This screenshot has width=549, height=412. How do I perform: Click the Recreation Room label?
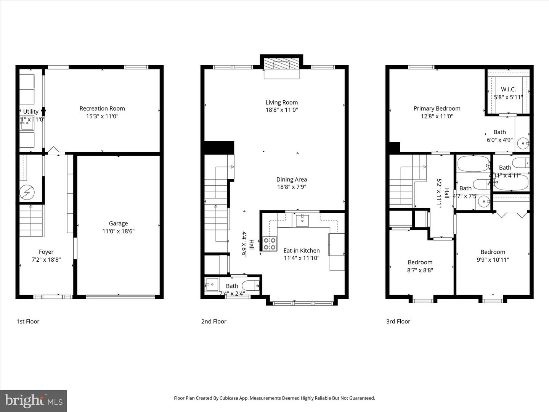click(x=102, y=108)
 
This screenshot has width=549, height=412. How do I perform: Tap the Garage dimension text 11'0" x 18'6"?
click(x=118, y=231)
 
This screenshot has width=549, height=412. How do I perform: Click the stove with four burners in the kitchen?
click(x=270, y=244)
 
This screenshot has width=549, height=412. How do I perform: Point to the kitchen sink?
click(x=302, y=220)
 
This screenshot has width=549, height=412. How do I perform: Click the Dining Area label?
click(x=291, y=179)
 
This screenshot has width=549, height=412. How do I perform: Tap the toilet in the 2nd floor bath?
click(x=252, y=285)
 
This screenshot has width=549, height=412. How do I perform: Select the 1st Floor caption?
click(x=28, y=321)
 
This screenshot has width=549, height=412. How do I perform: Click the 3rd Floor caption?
click(x=398, y=321)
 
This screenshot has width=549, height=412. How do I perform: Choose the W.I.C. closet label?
click(x=508, y=89)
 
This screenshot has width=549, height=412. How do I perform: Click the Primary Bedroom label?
click(x=437, y=108)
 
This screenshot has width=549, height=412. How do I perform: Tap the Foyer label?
click(x=46, y=252)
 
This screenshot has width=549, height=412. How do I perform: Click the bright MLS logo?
click(x=34, y=401)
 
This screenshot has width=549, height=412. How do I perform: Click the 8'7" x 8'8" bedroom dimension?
click(x=420, y=270)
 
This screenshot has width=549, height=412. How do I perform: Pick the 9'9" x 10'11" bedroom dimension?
click(x=493, y=260)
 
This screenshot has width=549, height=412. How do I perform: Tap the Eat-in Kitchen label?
click(x=302, y=251)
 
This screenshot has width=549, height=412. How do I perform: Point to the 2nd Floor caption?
click(x=213, y=321)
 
